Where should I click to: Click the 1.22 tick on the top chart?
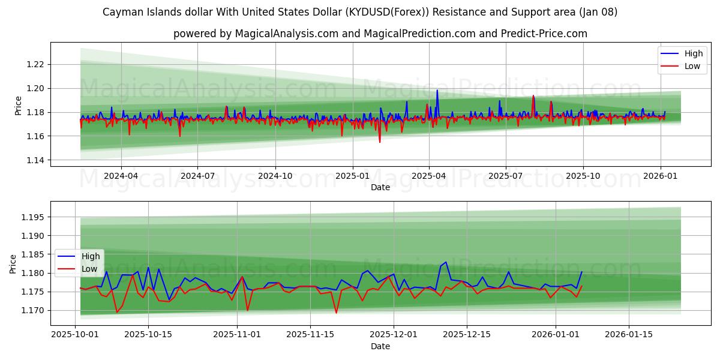[37, 64]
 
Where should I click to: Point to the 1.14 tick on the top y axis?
[37, 160]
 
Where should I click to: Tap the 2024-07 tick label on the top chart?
[198, 176]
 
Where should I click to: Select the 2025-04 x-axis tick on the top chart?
[429, 176]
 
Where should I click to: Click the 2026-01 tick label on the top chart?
[660, 176]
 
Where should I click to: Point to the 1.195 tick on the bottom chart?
[34, 217]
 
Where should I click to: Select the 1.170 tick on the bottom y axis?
[34, 310]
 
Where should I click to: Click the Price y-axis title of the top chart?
[19, 106]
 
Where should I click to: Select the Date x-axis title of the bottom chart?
[380, 346]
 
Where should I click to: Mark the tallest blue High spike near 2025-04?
[437, 90]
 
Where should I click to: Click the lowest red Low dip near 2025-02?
[379, 142]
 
